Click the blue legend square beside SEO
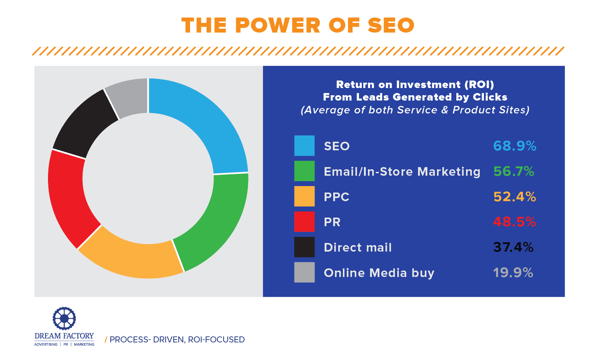[x=304, y=146]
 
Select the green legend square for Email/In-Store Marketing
[x=304, y=171]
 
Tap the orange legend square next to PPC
[x=304, y=196]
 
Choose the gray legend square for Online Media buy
[x=304, y=272]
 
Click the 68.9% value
[x=515, y=146]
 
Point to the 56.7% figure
[x=514, y=171]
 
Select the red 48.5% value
[x=515, y=222]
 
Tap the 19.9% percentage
[x=513, y=273]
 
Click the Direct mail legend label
[x=358, y=247]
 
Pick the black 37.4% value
[x=513, y=247]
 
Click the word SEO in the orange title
[x=391, y=25]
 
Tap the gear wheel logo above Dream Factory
[x=64, y=318]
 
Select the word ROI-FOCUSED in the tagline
[x=216, y=340]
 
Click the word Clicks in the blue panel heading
[x=490, y=97]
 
